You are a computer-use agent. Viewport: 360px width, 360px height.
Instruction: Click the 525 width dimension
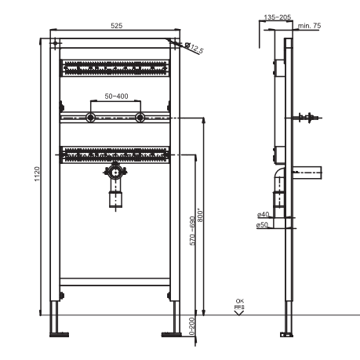[116, 26]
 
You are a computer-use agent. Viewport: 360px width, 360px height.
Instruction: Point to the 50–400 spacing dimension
[116, 96]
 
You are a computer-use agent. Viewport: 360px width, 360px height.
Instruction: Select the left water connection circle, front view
[91, 118]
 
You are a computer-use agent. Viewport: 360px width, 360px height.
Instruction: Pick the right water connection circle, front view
[140, 118]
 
